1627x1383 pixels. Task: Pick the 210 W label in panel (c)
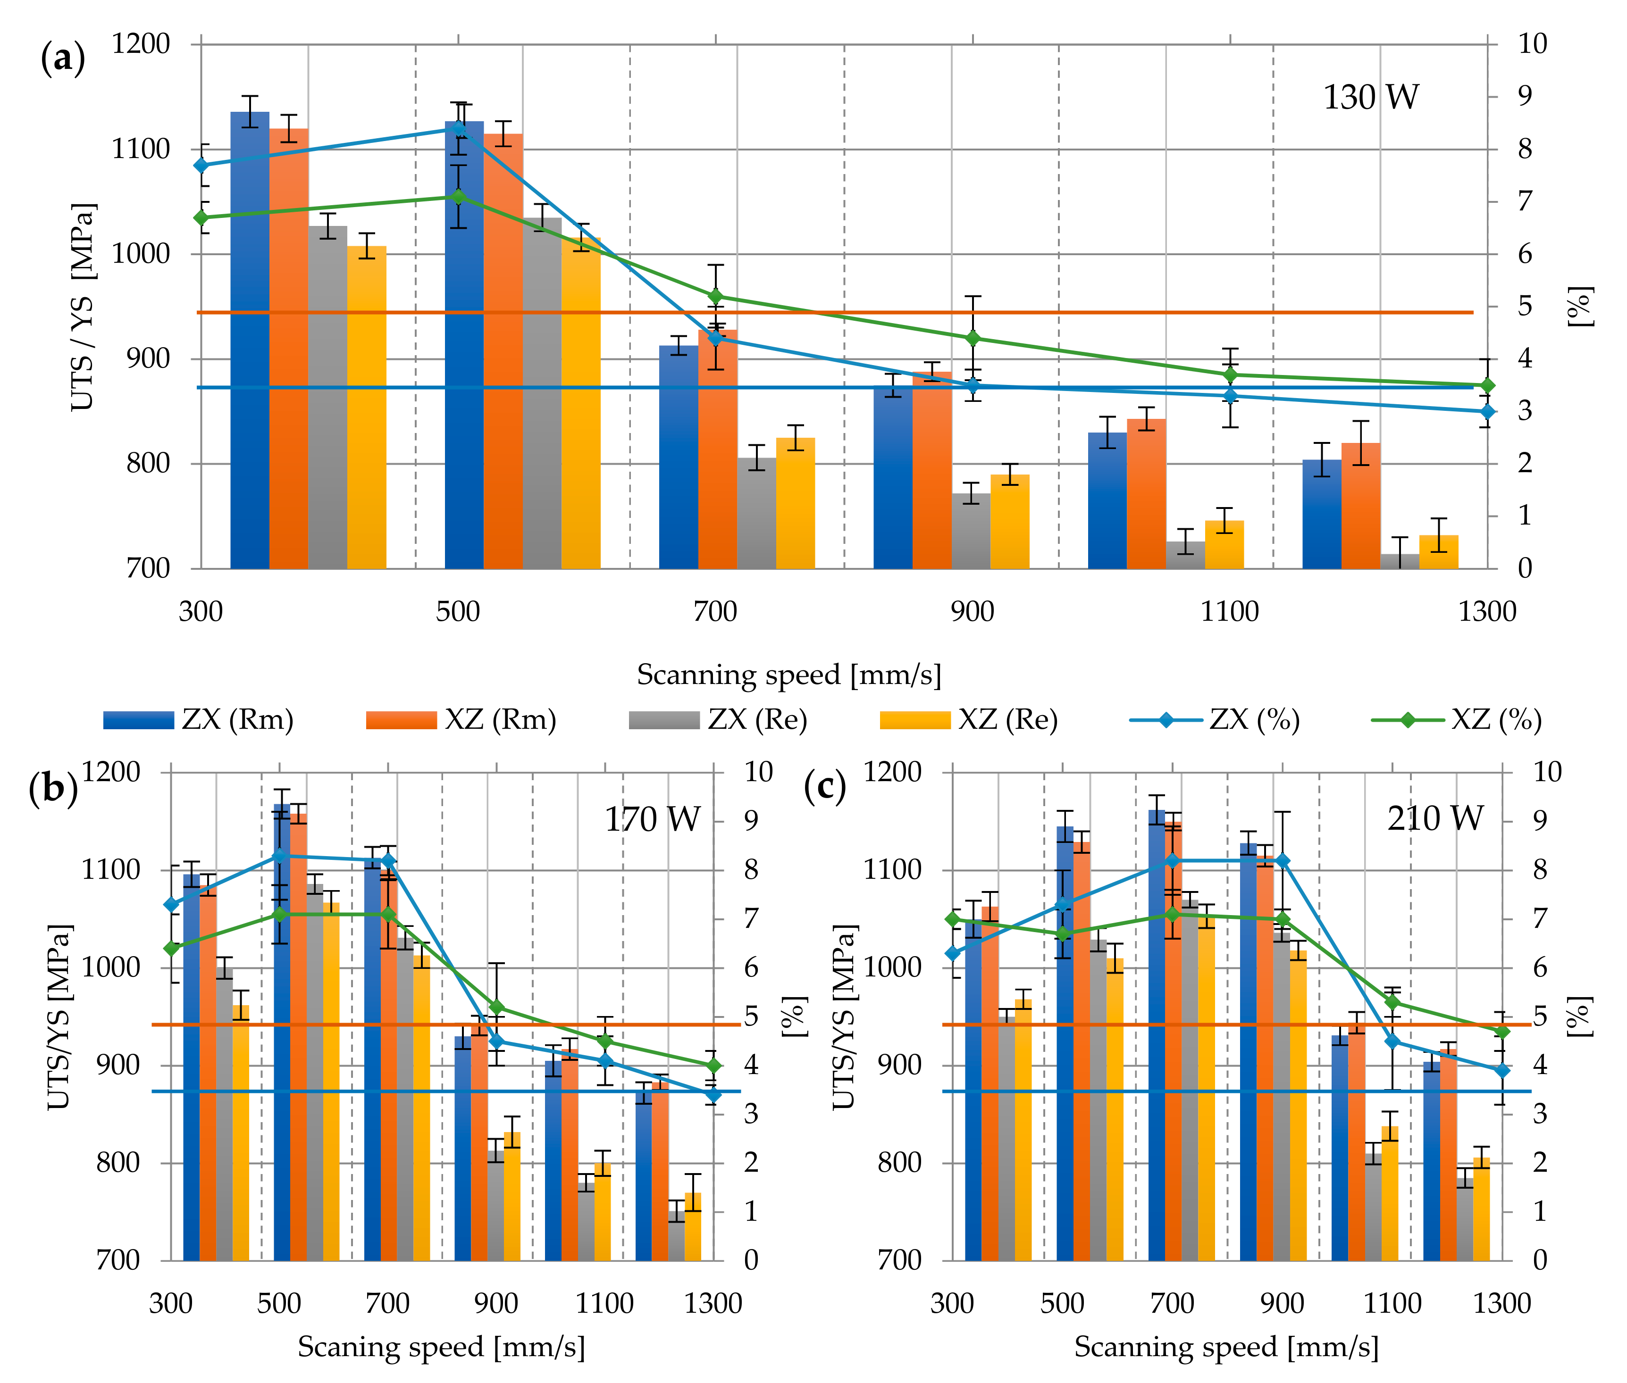1435,819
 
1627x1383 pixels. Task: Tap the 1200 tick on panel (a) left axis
141,44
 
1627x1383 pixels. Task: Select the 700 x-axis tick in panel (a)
715,611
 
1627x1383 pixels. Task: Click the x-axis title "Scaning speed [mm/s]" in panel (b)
442,1347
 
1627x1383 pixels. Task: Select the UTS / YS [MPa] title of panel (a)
83,307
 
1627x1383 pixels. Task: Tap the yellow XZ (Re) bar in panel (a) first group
367,407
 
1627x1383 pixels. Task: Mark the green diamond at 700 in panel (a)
715,296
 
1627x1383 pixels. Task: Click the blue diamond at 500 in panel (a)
459,128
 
